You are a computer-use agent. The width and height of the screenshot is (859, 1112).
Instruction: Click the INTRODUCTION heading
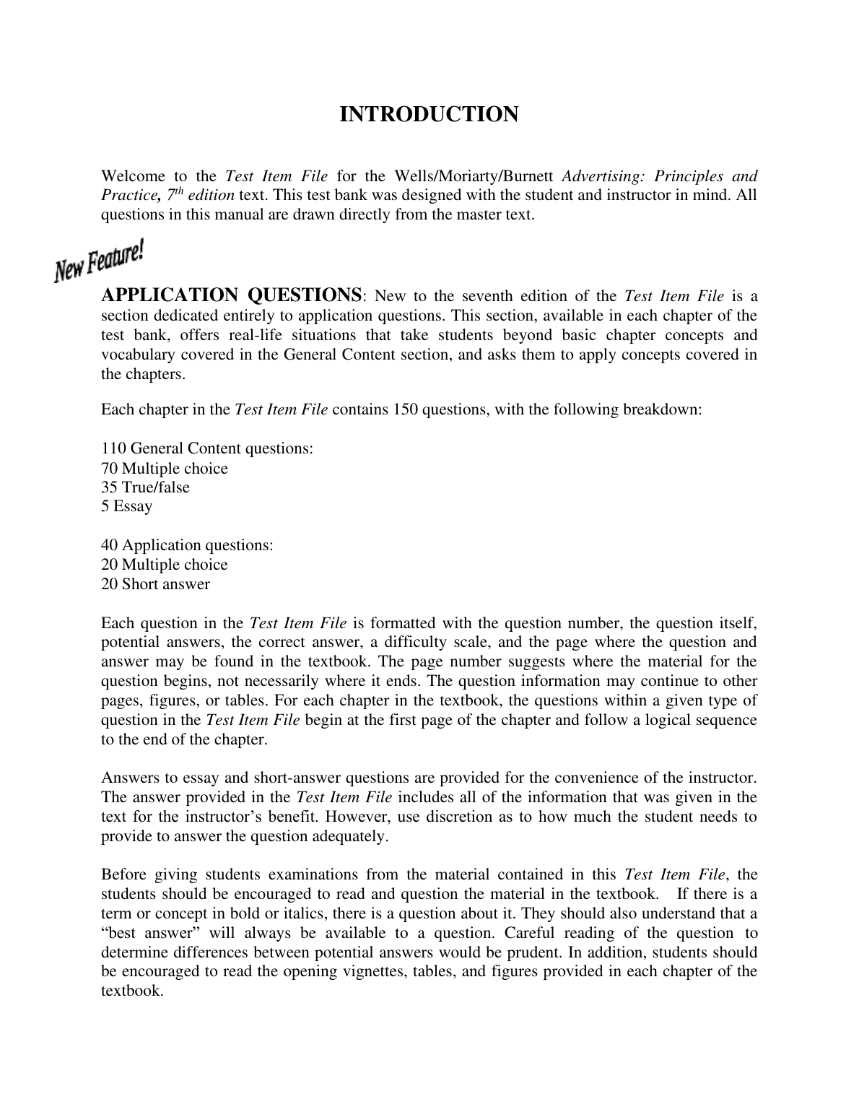tap(429, 115)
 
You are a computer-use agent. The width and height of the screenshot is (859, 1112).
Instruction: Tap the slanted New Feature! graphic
tap(100, 261)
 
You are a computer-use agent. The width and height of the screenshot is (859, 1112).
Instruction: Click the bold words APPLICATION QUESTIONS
tap(232, 295)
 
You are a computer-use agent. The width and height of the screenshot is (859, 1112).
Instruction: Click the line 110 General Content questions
tap(207, 448)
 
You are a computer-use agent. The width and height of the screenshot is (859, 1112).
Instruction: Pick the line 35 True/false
tap(145, 487)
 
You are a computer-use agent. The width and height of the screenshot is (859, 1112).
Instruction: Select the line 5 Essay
tap(126, 506)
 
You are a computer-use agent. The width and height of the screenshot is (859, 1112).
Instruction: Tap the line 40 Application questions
tap(187, 545)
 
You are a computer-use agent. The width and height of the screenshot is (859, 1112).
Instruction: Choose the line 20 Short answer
tap(155, 584)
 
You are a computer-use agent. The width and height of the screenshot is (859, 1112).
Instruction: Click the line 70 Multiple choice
tap(165, 469)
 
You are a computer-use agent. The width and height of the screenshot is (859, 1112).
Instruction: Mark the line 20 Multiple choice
tap(165, 565)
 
